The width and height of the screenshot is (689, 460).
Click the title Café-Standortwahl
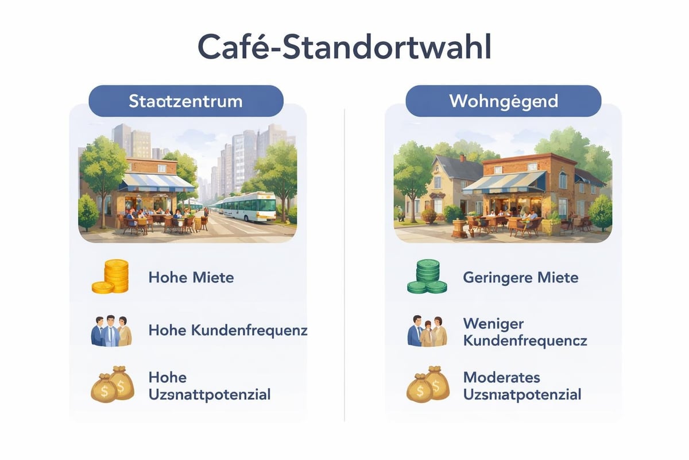coord(344,47)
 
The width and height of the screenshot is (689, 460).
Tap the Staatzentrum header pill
coord(186,101)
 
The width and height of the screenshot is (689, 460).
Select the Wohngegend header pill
coord(503,101)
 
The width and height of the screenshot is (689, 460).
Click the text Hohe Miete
coord(191,277)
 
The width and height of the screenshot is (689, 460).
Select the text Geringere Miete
coord(520,277)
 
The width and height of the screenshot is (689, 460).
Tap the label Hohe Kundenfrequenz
coord(228,330)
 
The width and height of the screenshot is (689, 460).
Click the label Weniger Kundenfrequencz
coord(524,331)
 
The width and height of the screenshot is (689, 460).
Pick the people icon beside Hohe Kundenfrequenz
coord(111,331)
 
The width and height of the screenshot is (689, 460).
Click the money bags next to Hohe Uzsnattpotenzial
coord(113,384)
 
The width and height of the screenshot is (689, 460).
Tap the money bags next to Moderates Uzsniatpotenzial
coord(428,384)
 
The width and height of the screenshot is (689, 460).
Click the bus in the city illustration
coord(249,207)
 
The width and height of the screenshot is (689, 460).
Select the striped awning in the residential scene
coord(504,182)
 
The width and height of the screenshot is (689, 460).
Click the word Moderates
coord(501,377)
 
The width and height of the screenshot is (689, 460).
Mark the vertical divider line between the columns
coord(344,264)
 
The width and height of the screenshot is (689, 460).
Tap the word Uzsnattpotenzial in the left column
coord(209,394)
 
